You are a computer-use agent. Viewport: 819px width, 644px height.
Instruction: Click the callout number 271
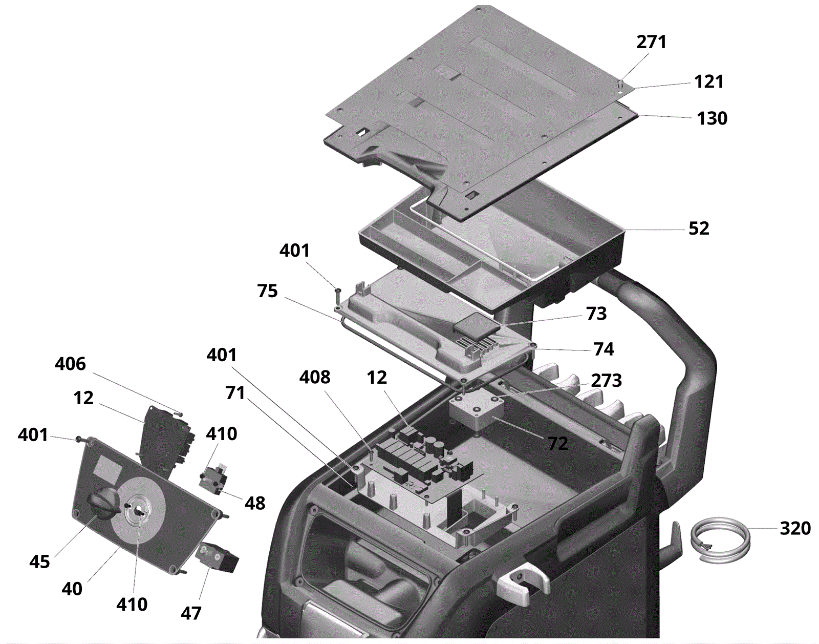[651, 42]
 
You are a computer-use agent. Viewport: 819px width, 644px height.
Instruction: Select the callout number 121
[708, 81]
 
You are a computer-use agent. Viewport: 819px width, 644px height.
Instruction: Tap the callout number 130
[712, 118]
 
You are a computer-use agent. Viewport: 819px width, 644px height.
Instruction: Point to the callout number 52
[699, 228]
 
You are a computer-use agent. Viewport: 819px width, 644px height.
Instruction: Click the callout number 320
[795, 528]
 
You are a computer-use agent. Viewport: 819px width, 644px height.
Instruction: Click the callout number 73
[596, 314]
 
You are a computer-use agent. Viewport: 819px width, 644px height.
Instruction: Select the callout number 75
[267, 291]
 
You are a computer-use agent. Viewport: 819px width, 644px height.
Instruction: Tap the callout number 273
[606, 381]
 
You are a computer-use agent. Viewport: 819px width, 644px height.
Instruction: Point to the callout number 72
[557, 444]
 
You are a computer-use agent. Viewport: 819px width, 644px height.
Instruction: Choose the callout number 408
[315, 378]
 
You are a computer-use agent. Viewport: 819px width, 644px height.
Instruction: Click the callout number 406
[70, 364]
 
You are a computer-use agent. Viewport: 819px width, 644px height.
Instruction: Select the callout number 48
[255, 504]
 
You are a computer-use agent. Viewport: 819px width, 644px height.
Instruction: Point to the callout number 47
[191, 613]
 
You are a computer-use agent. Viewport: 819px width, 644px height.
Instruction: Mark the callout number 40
[72, 589]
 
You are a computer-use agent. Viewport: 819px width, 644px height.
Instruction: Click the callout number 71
[235, 393]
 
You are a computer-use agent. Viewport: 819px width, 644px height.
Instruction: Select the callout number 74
[604, 349]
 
